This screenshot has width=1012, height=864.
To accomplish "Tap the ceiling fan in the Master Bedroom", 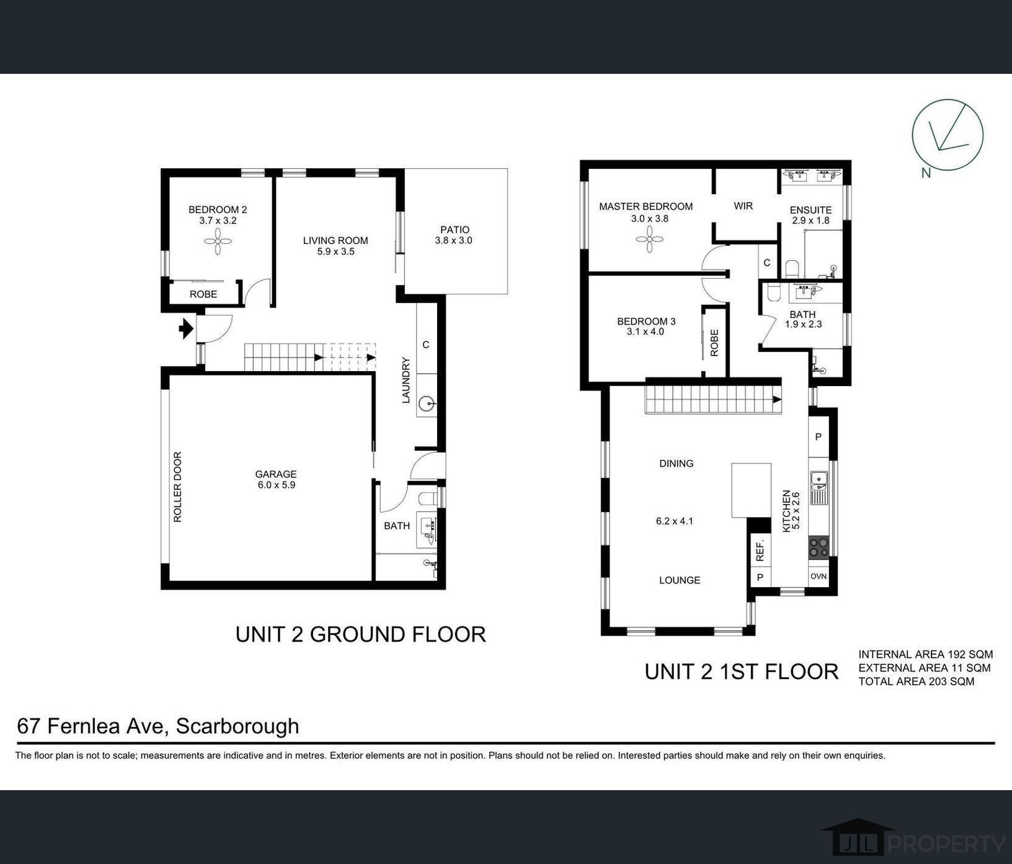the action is [649, 239].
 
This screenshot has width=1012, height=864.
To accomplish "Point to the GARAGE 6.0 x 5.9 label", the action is [277, 480].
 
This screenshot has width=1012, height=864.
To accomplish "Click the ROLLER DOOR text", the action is [178, 487].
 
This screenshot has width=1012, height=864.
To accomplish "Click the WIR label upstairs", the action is [743, 205].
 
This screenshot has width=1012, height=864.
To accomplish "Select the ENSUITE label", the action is [810, 210].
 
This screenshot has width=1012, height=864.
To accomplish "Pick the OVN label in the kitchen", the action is [819, 576].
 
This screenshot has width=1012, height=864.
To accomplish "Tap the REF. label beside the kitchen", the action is [760, 549].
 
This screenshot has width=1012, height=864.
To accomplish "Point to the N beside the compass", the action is [926, 173].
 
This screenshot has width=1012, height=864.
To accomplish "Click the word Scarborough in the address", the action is [237, 726].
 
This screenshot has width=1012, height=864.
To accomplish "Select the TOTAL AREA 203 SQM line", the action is [916, 682].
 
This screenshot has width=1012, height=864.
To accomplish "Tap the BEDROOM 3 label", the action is [646, 321].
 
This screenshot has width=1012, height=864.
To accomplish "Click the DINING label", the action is [676, 463].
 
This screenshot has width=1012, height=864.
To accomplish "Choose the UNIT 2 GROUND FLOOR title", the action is [360, 634].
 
